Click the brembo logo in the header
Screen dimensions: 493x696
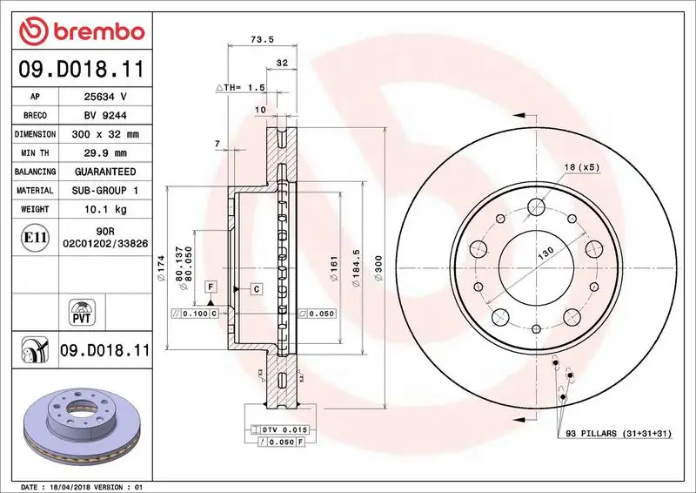[80, 31]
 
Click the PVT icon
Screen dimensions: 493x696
[79, 312]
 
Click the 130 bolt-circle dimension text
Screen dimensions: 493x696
[545, 252]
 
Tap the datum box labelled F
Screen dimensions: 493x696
[211, 287]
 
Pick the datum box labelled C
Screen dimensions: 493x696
[257, 287]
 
